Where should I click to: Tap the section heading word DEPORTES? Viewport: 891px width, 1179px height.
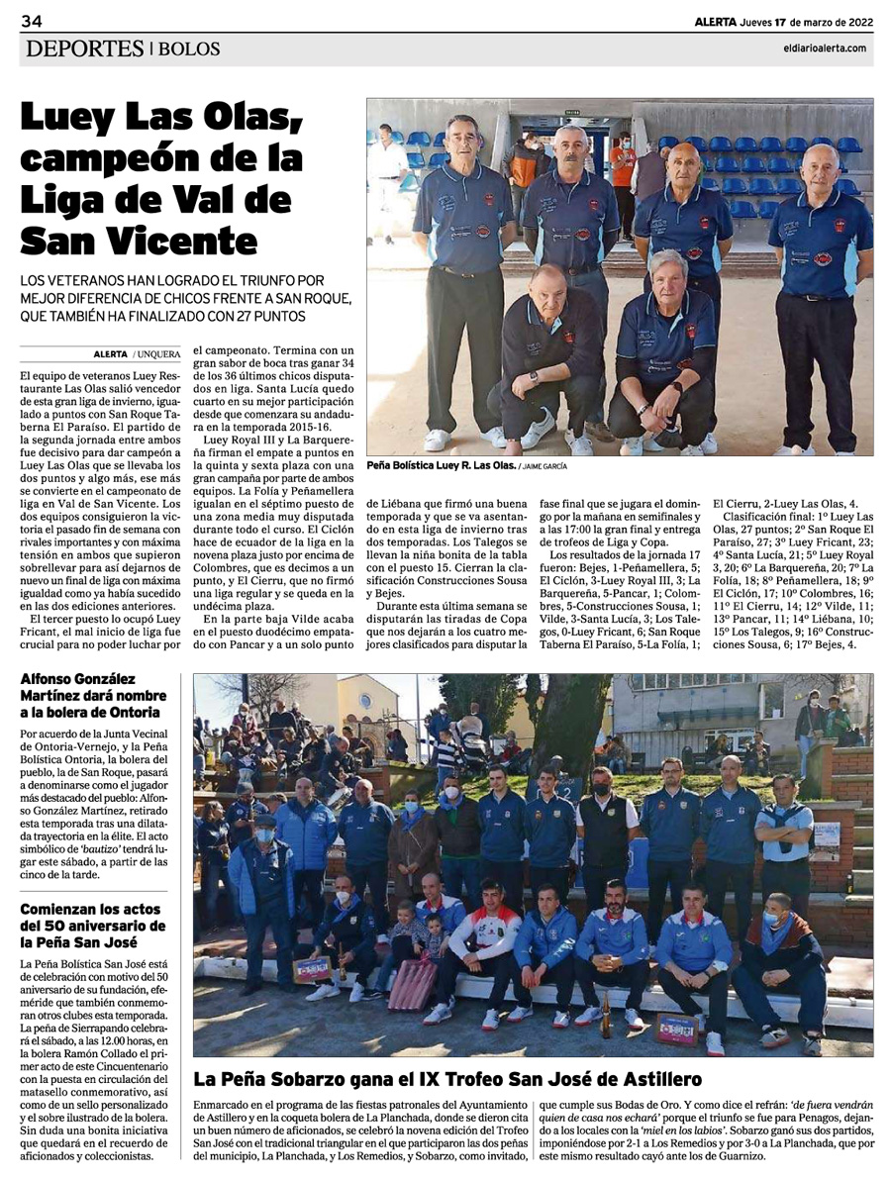tap(86, 49)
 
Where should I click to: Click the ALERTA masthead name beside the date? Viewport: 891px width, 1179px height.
tap(715, 22)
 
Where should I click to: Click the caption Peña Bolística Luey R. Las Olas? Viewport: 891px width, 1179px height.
tap(439, 463)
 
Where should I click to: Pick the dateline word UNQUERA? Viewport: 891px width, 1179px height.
tap(158, 353)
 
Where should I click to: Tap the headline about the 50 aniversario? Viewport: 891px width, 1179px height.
tap(99, 922)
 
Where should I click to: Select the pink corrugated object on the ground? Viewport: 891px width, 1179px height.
tap(411, 983)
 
